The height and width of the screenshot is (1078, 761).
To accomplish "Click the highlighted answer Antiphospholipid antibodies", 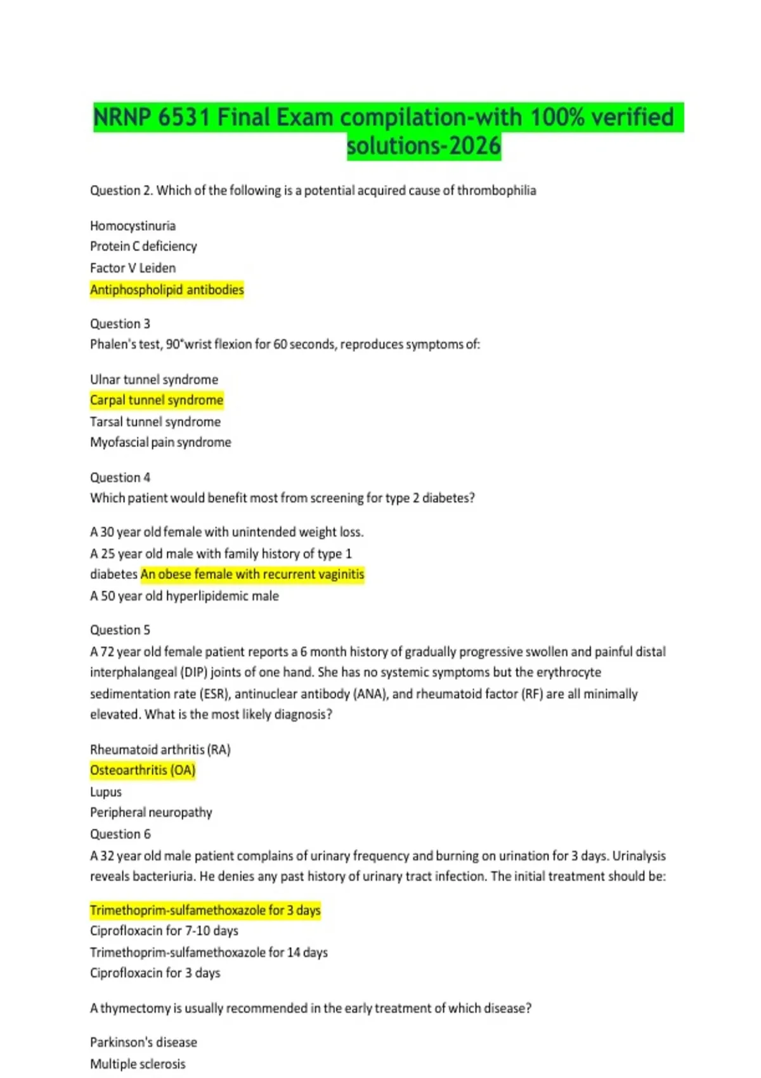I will coord(167,290).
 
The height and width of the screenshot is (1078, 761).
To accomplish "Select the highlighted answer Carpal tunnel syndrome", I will coord(157,400).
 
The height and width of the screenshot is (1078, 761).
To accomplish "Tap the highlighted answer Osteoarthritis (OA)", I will coord(143,770).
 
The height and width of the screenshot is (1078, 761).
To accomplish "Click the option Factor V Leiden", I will coord(133,268).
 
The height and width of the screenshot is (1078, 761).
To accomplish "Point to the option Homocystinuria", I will coord(133,226).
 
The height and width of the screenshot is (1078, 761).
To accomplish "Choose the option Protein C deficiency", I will coord(143,246).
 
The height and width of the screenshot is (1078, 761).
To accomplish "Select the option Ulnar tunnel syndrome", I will coord(154,379).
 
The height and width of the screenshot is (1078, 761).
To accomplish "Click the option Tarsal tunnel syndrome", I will coord(155,422).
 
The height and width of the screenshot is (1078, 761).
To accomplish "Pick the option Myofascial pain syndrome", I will coord(160,442).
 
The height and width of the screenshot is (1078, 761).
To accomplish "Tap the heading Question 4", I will coord(120,477).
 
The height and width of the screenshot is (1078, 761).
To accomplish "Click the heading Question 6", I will coord(120,834).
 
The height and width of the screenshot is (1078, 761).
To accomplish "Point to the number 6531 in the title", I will coord(184,117).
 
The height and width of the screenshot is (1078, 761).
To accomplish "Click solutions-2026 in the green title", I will coord(424,146).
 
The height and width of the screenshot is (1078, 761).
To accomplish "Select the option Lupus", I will coord(106,792).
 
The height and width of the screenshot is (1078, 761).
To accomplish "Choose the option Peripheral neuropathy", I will coord(151,812).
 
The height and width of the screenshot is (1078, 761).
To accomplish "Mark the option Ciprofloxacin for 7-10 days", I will coord(164,931).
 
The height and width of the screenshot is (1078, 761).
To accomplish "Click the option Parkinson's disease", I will coord(143,1042).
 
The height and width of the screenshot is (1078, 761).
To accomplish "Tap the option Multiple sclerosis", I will coord(138,1064).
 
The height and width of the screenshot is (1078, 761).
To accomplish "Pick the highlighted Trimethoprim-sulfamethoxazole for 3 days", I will coord(205,911).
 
